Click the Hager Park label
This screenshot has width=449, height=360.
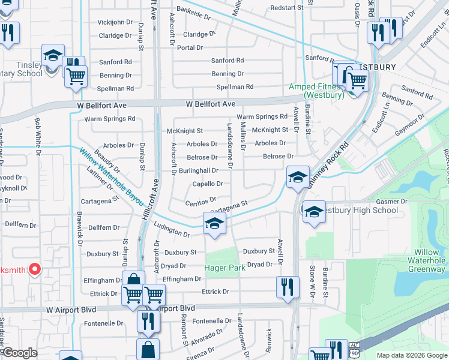pyautogui.click(x=225, y=268)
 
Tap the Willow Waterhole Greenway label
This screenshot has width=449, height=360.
pyautogui.click(x=427, y=261)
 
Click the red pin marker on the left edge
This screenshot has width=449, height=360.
pyautogui.click(x=34, y=269)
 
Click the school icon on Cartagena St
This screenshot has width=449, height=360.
pyautogui.click(x=214, y=223)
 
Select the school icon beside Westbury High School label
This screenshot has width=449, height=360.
pyautogui.click(x=314, y=212)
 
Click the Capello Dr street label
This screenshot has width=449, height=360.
pyautogui.click(x=208, y=184)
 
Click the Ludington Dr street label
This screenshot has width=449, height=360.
pyautogui.click(x=172, y=230)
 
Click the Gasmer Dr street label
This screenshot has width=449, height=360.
pyautogui.click(x=391, y=202)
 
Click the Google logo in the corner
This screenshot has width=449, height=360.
pyautogui.click(x=20, y=353)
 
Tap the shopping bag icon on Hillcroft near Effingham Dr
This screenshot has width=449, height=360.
pyautogui.click(x=133, y=281)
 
